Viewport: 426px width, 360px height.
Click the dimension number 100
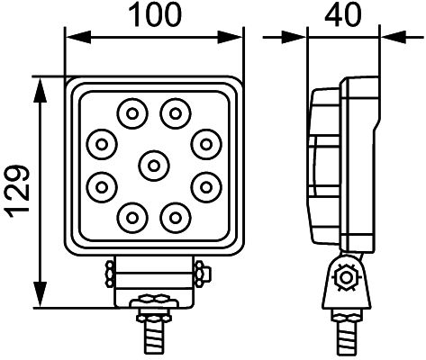click(155, 15)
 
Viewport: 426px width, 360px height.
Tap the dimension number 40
click(344, 15)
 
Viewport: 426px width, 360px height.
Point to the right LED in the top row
click(175, 112)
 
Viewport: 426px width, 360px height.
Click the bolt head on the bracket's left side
click(109, 272)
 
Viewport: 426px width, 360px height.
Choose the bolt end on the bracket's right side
click(200, 272)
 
